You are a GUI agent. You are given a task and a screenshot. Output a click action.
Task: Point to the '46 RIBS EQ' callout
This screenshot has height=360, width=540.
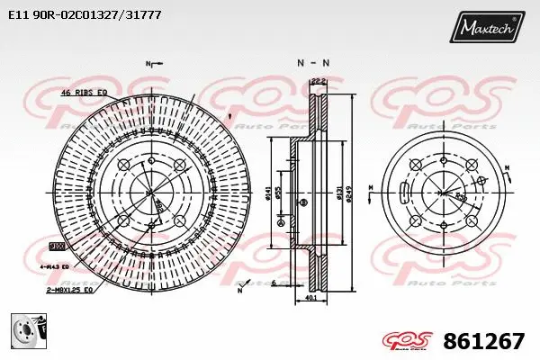[84, 93]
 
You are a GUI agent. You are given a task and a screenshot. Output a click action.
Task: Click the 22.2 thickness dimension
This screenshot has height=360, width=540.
[316, 81]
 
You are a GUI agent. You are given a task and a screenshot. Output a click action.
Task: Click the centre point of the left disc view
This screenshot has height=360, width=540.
[150, 192]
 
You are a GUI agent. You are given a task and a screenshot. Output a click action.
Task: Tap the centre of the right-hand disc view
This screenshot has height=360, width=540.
[442, 192]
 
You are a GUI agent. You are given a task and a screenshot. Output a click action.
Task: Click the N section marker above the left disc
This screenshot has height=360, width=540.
[149, 63]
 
